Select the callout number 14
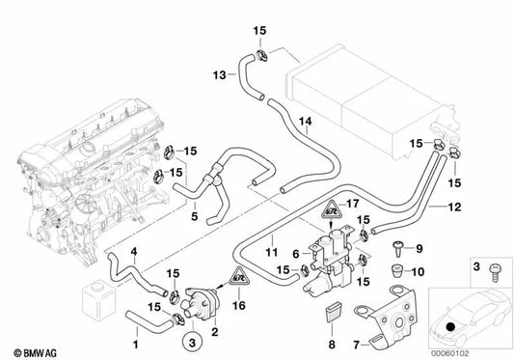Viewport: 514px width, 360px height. click(305, 122)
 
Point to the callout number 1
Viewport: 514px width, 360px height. click(136, 342)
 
